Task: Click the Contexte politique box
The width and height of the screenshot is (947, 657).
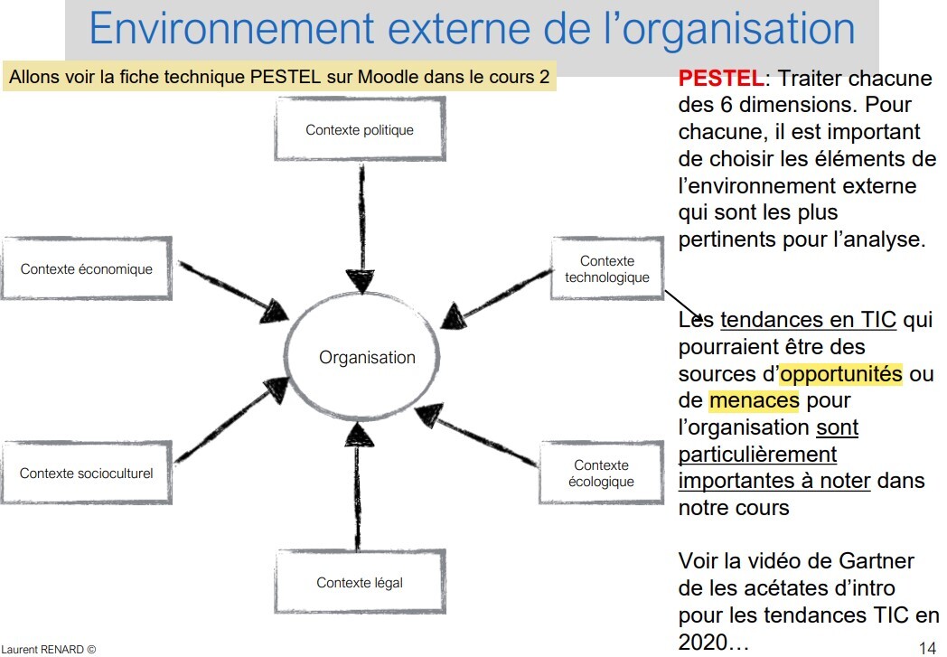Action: pos(360,130)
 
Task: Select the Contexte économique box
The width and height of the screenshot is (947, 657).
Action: pos(87,269)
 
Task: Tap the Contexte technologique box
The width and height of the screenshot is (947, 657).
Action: pos(607,269)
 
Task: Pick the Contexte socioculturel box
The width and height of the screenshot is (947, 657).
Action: pos(87,474)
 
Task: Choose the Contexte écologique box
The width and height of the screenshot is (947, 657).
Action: pos(601,474)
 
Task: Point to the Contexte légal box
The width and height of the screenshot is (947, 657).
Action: pos(360,583)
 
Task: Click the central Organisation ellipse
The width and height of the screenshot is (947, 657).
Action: pos(367,358)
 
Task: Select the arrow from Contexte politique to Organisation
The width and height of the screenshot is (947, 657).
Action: pos(361,226)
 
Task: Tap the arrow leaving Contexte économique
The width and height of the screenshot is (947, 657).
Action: pos(230,289)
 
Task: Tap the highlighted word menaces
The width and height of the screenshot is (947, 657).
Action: pos(754,399)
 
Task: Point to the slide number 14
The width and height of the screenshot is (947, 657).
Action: pos(926,647)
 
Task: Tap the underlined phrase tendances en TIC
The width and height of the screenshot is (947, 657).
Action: pos(808,321)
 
